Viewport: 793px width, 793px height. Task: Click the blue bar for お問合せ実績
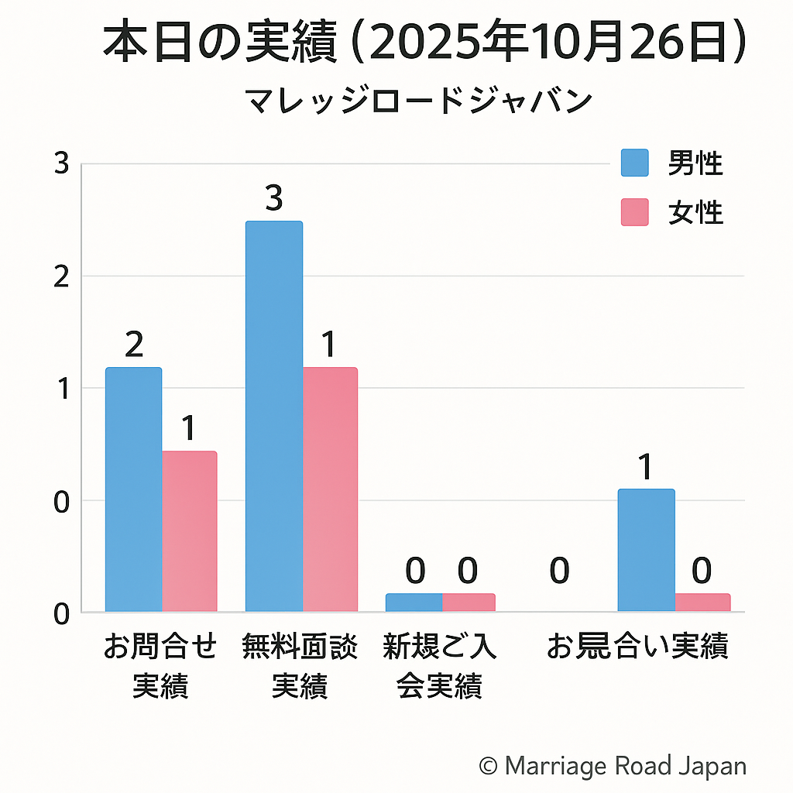pyautogui.click(x=133, y=489)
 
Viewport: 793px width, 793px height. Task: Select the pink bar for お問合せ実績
pyautogui.click(x=190, y=531)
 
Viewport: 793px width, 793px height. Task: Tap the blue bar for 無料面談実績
pyautogui.click(x=274, y=417)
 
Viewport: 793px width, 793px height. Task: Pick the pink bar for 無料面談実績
pyautogui.click(x=330, y=489)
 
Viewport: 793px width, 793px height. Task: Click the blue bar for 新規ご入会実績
pyautogui.click(x=414, y=602)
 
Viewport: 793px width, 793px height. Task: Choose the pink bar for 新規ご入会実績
pyautogui.click(x=469, y=602)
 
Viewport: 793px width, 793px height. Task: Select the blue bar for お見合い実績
pyautogui.click(x=646, y=550)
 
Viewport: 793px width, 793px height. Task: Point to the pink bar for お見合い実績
pyautogui.click(x=702, y=602)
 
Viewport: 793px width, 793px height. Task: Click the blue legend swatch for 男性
pyautogui.click(x=635, y=163)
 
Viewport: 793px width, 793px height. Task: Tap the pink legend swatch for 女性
pyautogui.click(x=635, y=212)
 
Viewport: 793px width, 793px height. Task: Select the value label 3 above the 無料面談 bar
pyautogui.click(x=274, y=199)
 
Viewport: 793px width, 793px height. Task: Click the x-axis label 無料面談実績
pyautogui.click(x=300, y=666)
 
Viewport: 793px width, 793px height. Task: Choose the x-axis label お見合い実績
pyautogui.click(x=637, y=647)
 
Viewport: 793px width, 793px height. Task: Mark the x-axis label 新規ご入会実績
pyautogui.click(x=440, y=666)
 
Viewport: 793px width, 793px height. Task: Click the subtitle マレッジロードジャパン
pyautogui.click(x=418, y=101)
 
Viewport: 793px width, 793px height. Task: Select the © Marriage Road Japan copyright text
pyautogui.click(x=613, y=767)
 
